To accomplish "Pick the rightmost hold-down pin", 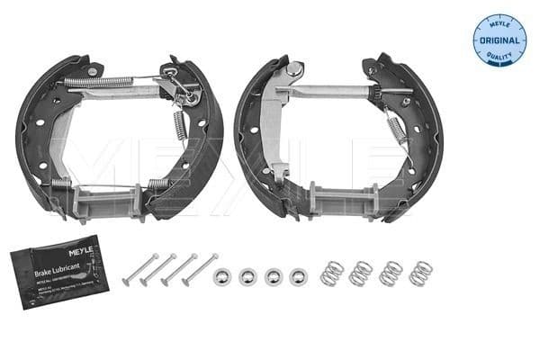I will (x=200, y=269).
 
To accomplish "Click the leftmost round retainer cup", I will (x=222, y=275).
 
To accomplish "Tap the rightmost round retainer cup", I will (x=298, y=275).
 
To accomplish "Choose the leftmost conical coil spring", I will (x=332, y=273).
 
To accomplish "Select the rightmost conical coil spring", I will (x=418, y=273).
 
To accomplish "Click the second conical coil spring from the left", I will (x=361, y=273).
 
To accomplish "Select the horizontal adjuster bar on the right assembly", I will (x=328, y=90).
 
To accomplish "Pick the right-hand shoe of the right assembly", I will (x=428, y=135).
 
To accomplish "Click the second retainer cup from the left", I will (x=247, y=275).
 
